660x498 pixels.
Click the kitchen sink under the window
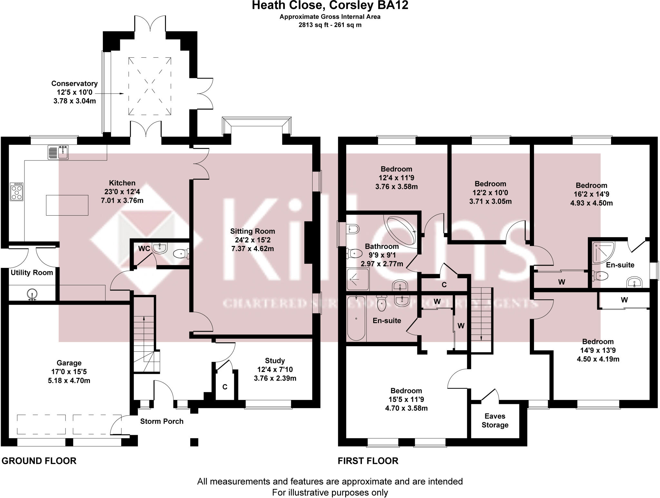tap(58, 152)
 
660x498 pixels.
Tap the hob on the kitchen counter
tap(17, 192)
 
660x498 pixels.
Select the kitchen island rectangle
tap(67, 205)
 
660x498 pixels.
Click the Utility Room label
tap(32, 273)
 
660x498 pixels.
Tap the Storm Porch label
tap(162, 421)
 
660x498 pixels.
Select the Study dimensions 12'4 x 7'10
tap(275, 369)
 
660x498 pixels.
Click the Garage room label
tap(69, 363)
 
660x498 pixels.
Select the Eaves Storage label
tap(495, 420)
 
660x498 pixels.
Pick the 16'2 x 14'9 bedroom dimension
tap(592, 194)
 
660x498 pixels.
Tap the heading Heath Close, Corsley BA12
tap(330, 5)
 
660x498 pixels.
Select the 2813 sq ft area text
tap(330, 25)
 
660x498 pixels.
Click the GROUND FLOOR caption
tap(39, 461)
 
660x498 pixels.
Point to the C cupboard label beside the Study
tap(225, 387)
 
